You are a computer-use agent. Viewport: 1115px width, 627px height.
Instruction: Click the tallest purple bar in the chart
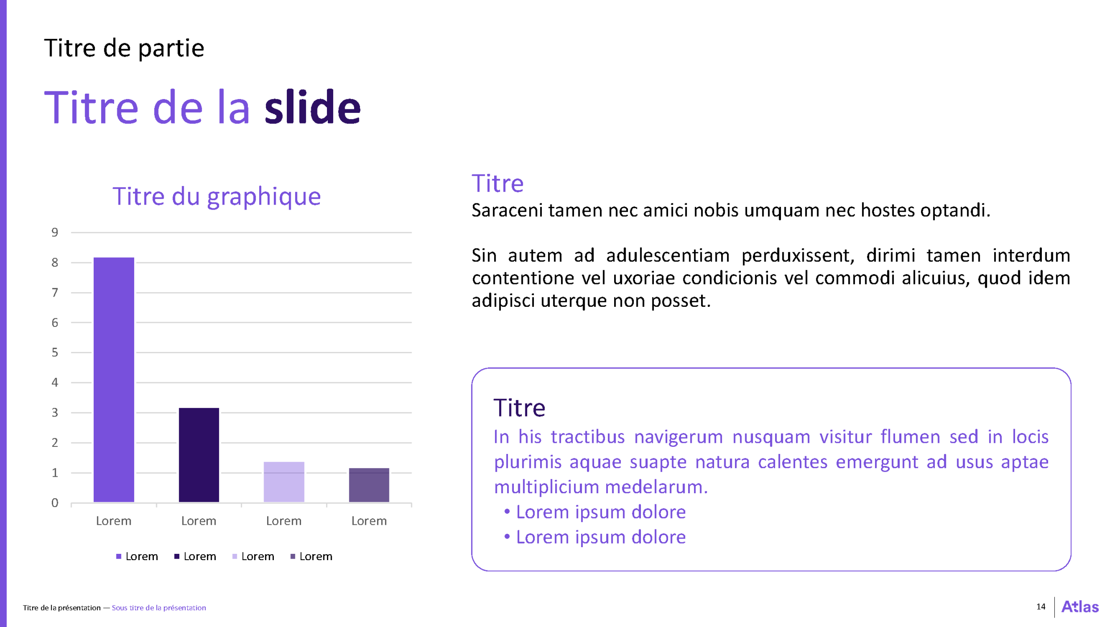click(x=114, y=379)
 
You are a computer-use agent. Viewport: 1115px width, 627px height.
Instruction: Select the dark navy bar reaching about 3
click(x=199, y=455)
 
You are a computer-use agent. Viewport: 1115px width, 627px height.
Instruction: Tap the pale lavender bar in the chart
click(x=284, y=482)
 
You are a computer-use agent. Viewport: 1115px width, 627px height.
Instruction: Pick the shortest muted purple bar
click(x=369, y=485)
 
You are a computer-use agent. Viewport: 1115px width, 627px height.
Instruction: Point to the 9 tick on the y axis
click(x=55, y=232)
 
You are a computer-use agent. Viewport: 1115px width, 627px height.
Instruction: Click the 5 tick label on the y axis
click(x=55, y=352)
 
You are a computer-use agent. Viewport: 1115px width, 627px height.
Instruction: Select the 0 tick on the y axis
click(x=55, y=503)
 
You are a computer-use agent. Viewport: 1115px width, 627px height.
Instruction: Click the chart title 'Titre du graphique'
click(x=217, y=197)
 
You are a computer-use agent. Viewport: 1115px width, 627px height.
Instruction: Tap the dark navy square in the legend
click(x=177, y=556)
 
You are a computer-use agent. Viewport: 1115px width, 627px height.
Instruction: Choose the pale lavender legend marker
click(x=235, y=556)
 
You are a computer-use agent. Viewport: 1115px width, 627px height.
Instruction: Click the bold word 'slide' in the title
click(x=313, y=107)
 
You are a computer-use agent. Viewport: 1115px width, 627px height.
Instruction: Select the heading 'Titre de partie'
click(x=124, y=48)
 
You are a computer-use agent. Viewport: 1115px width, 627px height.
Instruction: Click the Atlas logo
click(x=1080, y=606)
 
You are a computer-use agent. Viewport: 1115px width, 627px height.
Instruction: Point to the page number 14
click(x=1041, y=606)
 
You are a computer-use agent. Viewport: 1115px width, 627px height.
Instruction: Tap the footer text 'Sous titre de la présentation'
click(x=159, y=608)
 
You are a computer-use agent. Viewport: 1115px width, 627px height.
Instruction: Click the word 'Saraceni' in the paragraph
click(x=507, y=210)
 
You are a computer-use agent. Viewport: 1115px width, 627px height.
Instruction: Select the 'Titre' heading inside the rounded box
click(x=519, y=408)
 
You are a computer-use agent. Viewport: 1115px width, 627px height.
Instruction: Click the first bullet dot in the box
click(x=507, y=511)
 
